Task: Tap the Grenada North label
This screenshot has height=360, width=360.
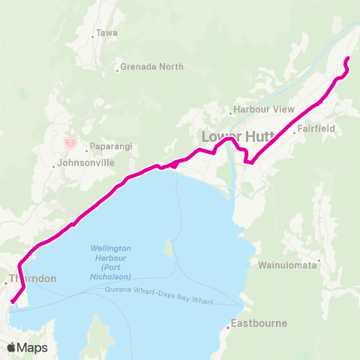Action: pyautogui.click(x=151, y=67)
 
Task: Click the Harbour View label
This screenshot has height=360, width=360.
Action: pyautogui.click(x=265, y=109)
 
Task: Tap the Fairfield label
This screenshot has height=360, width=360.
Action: pyautogui.click(x=315, y=129)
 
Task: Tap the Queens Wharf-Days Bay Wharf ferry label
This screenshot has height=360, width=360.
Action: pyautogui.click(x=159, y=294)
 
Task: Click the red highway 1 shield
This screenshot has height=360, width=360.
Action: pyautogui.click(x=70, y=141)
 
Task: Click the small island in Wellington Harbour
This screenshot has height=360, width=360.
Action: pyautogui.click(x=168, y=247)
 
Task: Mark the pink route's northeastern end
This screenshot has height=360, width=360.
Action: pyautogui.click(x=347, y=58)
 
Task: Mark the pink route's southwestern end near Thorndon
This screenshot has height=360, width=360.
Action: pyautogui.click(x=12, y=302)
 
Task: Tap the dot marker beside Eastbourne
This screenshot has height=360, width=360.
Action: pyautogui.click(x=229, y=327)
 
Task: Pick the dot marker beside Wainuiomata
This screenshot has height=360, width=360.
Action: pyautogui.click(x=319, y=262)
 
